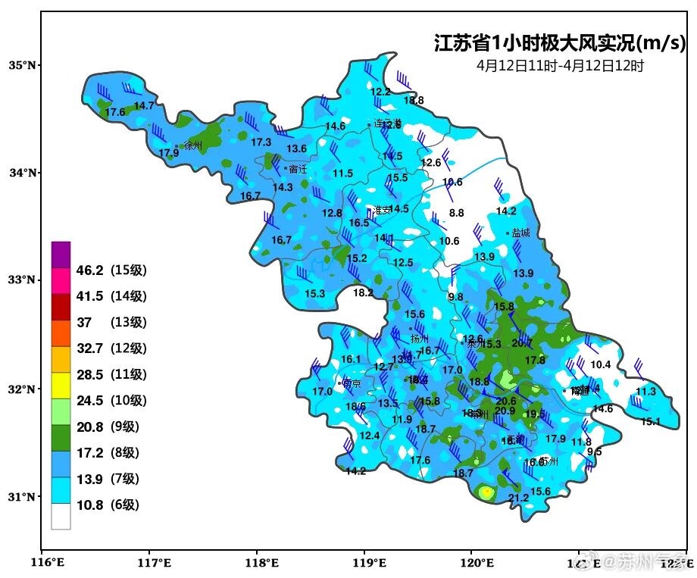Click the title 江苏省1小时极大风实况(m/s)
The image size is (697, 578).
tap(559, 42)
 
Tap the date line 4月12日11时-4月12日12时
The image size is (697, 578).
tap(560, 66)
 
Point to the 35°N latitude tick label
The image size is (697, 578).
tap(22, 65)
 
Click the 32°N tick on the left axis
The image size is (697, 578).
tap(22, 389)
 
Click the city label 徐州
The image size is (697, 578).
tap(193, 145)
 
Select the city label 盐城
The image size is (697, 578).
tap(520, 233)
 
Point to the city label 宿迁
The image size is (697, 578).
tap(298, 169)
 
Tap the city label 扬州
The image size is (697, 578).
tap(419, 339)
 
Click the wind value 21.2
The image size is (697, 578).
tap(518, 498)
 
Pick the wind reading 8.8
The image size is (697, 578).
tap(456, 214)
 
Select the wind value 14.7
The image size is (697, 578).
tap(144, 105)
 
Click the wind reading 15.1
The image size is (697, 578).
tap(650, 421)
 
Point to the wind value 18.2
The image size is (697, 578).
tap(363, 292)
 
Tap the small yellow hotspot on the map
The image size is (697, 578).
tap(486, 492)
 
